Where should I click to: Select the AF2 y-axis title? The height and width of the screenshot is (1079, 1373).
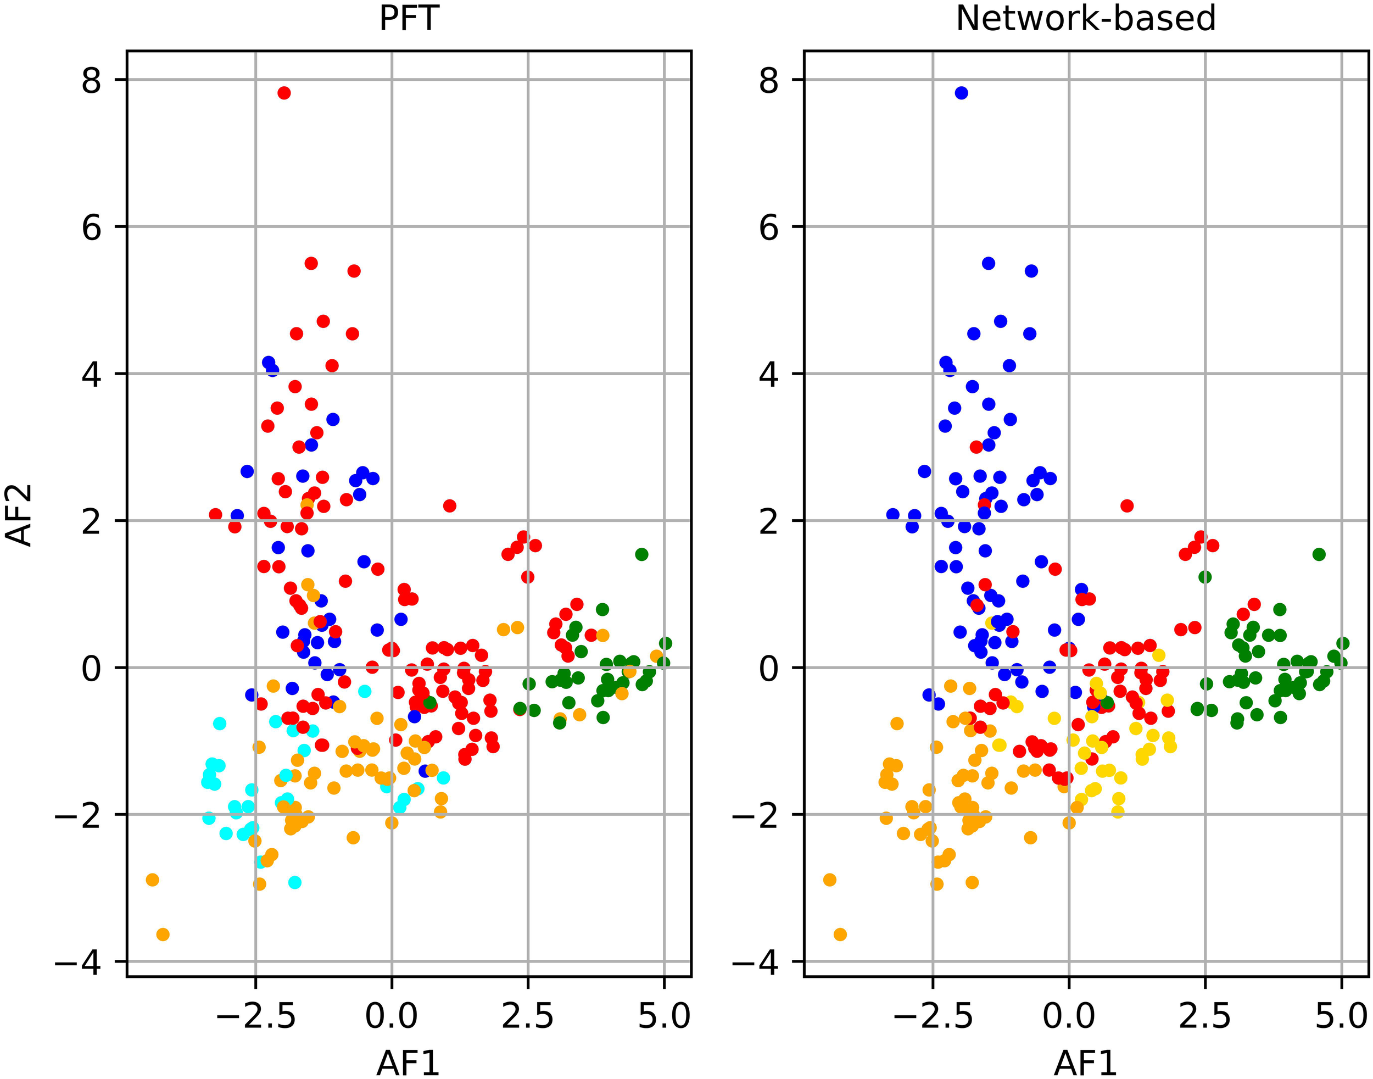pyautogui.click(x=19, y=515)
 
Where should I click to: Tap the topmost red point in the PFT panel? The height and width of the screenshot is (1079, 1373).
pyautogui.click(x=284, y=93)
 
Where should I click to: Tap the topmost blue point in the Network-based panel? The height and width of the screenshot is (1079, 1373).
pyautogui.click(x=961, y=93)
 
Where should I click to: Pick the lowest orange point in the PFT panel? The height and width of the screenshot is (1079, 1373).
pyautogui.click(x=163, y=935)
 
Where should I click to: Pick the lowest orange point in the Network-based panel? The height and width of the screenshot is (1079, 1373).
pyautogui.click(x=840, y=935)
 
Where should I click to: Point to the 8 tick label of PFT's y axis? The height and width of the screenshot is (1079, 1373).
pyautogui.click(x=92, y=80)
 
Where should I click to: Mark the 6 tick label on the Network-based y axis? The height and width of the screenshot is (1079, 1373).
pyautogui.click(x=768, y=227)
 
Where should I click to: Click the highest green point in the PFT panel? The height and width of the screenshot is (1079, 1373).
pyautogui.click(x=641, y=554)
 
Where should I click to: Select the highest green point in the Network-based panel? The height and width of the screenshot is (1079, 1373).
pyautogui.click(x=1319, y=554)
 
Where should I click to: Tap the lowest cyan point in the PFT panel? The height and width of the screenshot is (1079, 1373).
pyautogui.click(x=295, y=882)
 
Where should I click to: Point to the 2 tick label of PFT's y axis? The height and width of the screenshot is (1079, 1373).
pyautogui.click(x=92, y=522)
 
